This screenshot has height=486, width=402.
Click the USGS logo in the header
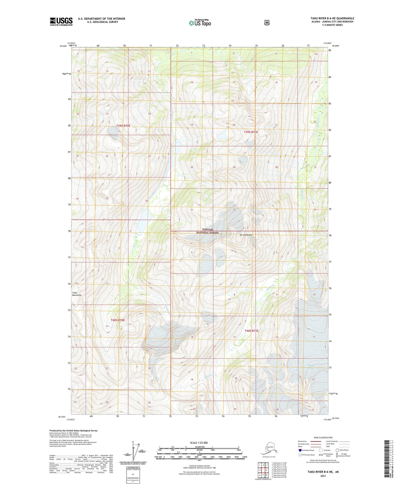[x=61, y=21]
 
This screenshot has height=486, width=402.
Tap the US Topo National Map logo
[x=199, y=23]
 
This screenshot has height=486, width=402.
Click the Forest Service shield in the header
[x=267, y=23]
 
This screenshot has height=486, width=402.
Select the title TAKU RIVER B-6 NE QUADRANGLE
[x=332, y=18]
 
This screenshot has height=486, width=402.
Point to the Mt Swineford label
[x=246, y=235]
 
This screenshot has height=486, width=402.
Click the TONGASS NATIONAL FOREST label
[x=208, y=231]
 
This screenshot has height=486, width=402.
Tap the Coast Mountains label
[x=77, y=294]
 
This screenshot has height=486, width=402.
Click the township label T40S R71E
[x=251, y=331]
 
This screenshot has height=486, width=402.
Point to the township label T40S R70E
[x=118, y=320]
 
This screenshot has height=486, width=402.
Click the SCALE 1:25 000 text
[x=199, y=443]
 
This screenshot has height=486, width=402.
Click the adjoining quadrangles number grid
[x=263, y=470]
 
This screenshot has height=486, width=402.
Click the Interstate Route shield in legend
[x=300, y=450]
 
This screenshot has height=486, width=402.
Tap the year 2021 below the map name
[x=323, y=476]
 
